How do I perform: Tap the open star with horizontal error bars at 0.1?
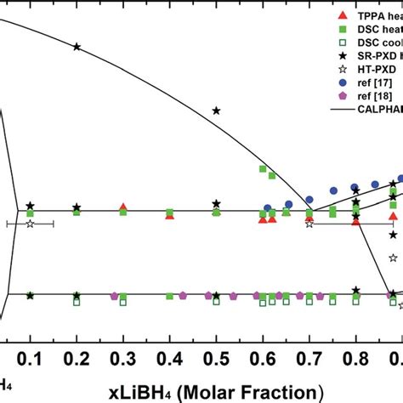(31, 224)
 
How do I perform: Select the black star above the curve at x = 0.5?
(217, 111)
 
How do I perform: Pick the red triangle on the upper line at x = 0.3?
(123, 207)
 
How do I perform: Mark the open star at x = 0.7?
(309, 223)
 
